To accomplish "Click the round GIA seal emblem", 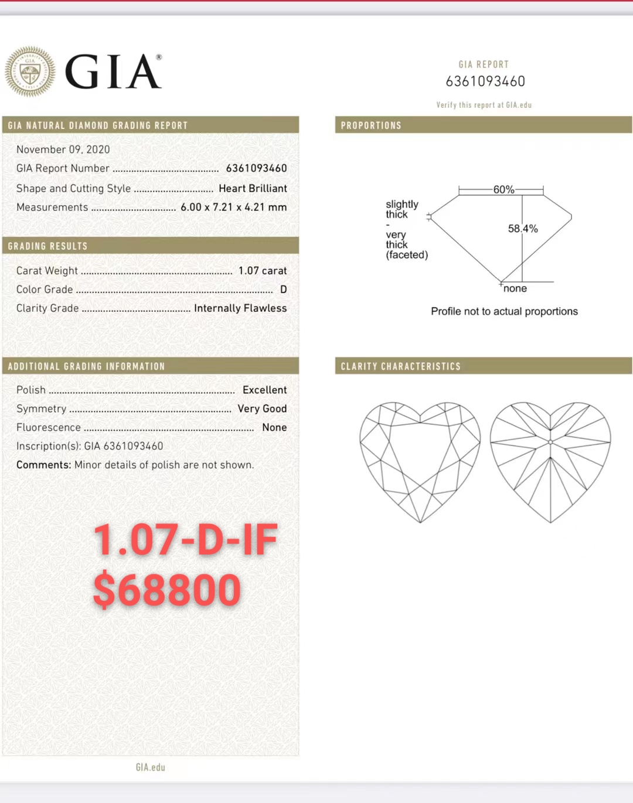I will [x=30, y=72].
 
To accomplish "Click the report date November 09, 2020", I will [x=63, y=149].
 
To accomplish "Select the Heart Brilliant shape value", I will [x=253, y=188].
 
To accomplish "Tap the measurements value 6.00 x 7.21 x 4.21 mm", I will [x=233, y=207].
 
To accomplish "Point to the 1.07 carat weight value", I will [x=262, y=270].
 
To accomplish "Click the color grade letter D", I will [x=283, y=289].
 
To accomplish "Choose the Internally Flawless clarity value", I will [x=240, y=308].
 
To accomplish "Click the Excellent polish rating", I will [x=264, y=390].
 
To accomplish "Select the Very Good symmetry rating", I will [x=262, y=409].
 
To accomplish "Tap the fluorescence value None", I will [x=274, y=427].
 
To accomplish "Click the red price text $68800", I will [x=167, y=589].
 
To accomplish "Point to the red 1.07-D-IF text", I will [x=185, y=540].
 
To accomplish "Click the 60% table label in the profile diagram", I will [x=503, y=189].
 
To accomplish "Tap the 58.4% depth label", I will [x=523, y=229].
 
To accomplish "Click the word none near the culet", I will [x=515, y=288].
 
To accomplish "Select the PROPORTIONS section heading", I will [x=371, y=125].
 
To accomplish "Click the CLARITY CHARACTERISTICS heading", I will [x=401, y=366].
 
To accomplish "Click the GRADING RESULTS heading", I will [x=47, y=246].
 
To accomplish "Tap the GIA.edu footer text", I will [x=151, y=767].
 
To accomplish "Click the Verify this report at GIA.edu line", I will [x=484, y=105].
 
